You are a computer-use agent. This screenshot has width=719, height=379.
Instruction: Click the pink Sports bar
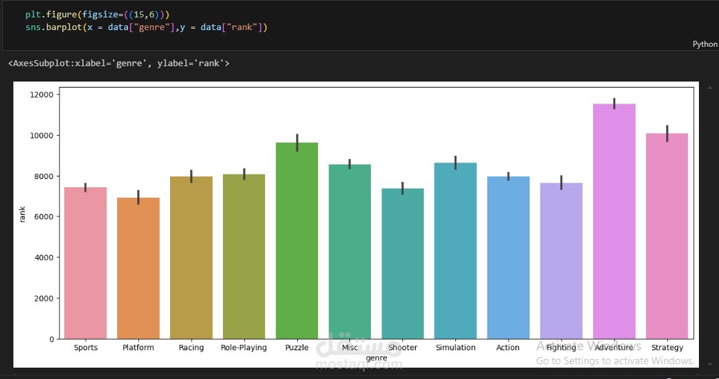[86, 263]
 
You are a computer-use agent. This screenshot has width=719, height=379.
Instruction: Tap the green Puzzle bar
[297, 241]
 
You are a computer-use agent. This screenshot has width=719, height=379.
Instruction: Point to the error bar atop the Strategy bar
[667, 134]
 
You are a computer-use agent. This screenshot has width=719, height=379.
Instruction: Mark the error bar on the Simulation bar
[455, 162]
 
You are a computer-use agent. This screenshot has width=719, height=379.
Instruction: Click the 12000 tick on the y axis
[42, 95]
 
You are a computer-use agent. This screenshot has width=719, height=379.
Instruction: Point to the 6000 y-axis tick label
[44, 217]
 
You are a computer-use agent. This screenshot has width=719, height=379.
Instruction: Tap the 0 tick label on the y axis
[51, 340]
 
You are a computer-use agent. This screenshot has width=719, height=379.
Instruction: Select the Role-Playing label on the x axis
[244, 348]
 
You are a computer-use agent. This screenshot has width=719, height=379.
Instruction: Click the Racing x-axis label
[191, 348]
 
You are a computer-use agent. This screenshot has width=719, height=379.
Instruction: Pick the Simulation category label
[455, 348]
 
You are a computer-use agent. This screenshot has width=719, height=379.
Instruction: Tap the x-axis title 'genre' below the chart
[376, 358]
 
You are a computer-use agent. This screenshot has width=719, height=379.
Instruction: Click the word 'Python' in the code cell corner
[704, 44]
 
